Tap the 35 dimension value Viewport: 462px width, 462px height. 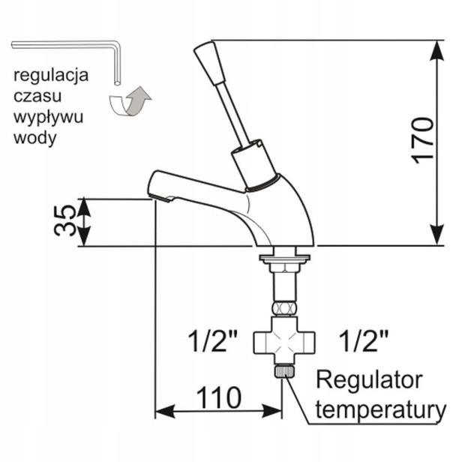[65, 220]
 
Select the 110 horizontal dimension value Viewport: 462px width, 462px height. [219, 397]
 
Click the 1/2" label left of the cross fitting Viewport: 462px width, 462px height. [214, 341]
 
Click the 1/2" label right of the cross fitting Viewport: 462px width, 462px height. [364, 341]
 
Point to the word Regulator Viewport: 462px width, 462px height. [370, 382]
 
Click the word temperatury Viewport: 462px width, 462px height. [381, 411]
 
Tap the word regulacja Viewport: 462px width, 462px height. [51, 76]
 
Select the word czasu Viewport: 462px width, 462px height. [37, 96]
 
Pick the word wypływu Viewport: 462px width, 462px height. [49, 118]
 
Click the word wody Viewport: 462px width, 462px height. [35, 138]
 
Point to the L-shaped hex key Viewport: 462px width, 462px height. [117, 47]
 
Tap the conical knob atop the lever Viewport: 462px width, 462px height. [209, 63]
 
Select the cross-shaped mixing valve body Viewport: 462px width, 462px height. [284, 342]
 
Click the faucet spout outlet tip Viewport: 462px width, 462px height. [160, 198]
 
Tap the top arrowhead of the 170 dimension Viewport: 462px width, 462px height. [436, 49]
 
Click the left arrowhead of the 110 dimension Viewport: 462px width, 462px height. [165, 411]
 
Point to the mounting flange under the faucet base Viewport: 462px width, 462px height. [285, 258]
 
